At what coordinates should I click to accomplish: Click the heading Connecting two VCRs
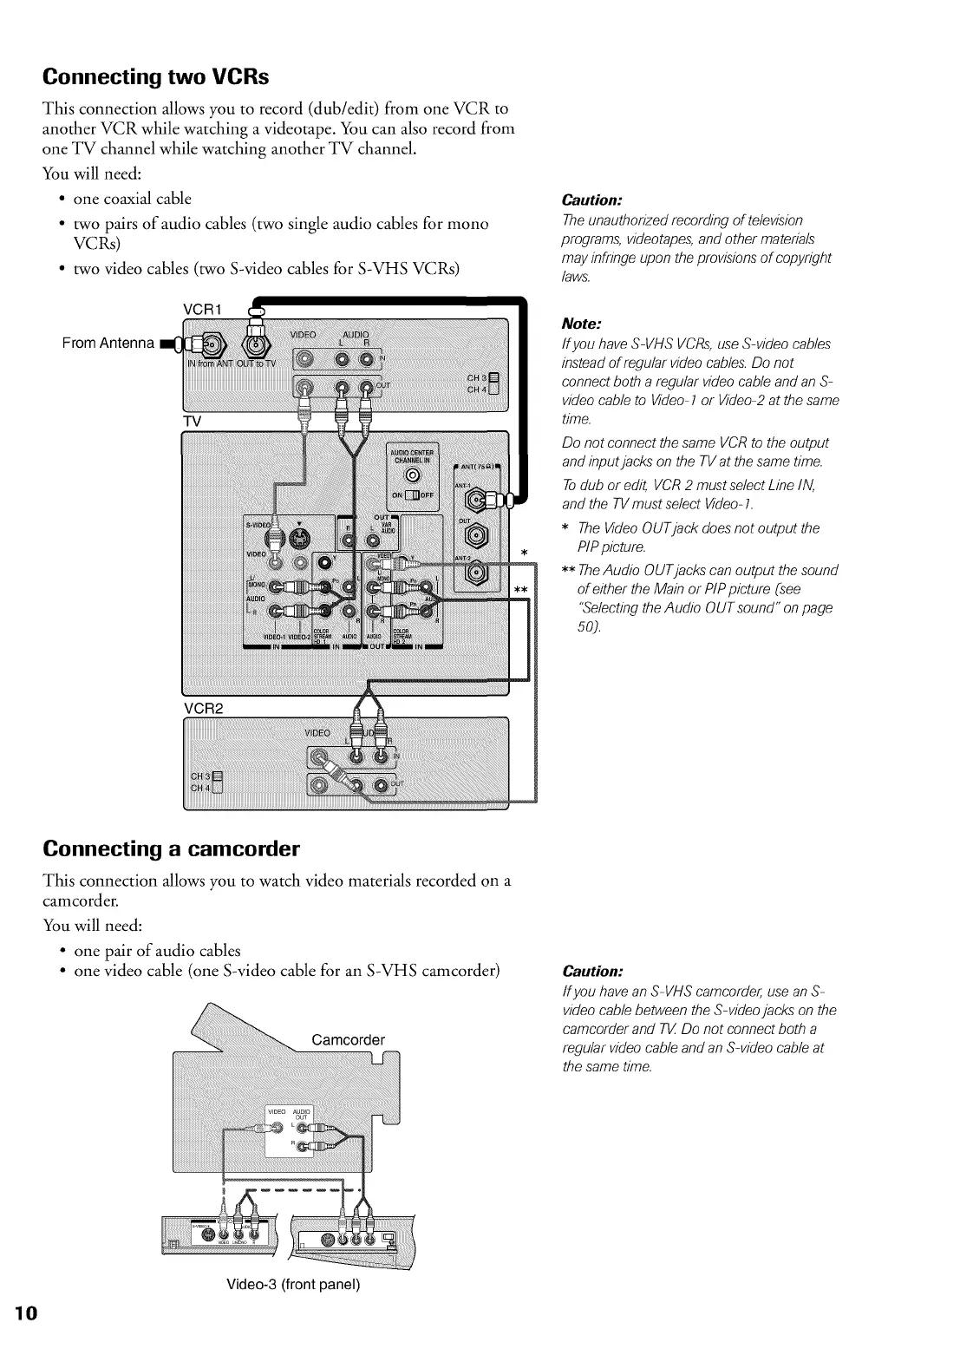156,77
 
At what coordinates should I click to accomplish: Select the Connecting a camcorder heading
171,847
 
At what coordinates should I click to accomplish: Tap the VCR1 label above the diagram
205,310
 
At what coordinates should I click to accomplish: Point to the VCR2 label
204,708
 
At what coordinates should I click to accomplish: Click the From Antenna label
108,343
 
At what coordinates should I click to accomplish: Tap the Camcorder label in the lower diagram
347,1040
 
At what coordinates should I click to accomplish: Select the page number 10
25,1313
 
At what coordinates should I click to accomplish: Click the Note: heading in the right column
581,324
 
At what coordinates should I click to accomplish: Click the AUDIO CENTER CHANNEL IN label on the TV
412,456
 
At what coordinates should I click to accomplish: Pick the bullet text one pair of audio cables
157,950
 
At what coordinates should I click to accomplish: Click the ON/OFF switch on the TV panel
413,495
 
